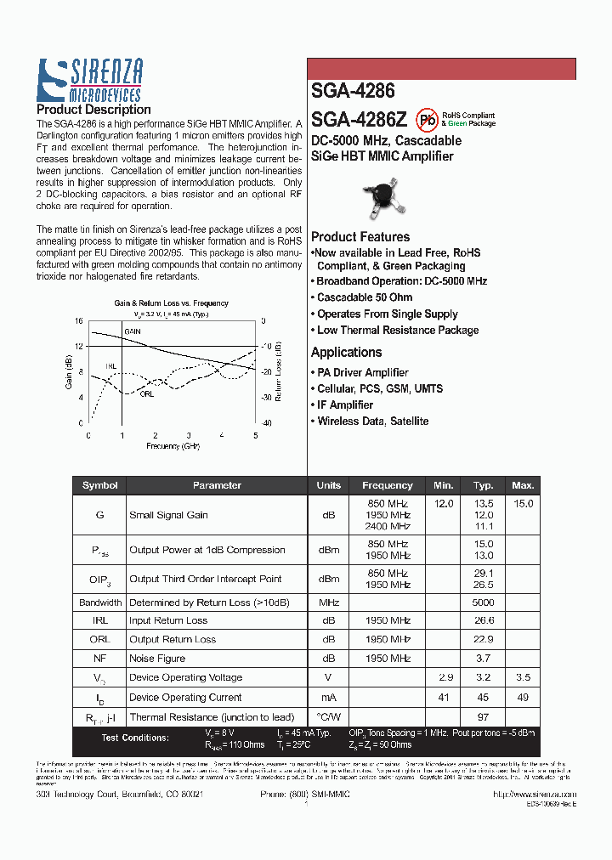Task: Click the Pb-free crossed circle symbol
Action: [428, 119]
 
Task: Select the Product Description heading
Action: [93, 110]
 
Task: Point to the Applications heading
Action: [346, 353]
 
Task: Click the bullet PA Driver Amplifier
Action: [362, 373]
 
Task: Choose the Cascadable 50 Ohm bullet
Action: [364, 297]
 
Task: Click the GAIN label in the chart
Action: [133, 331]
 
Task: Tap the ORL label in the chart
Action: [147, 393]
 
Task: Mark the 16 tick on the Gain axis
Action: [78, 321]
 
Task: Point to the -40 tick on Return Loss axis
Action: [266, 422]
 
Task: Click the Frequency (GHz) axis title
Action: [173, 445]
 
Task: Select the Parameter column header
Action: [217, 486]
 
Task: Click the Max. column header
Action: [523, 486]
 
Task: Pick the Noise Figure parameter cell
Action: [157, 659]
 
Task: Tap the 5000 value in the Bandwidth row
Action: [484, 603]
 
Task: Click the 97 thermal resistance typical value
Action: [484, 717]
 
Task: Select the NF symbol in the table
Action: [100, 659]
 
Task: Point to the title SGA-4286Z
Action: [359, 120]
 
